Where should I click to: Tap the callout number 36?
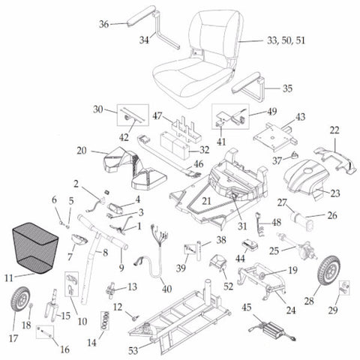pos(104,24)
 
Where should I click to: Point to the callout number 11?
pos(9,277)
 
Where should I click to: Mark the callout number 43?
pos(299,118)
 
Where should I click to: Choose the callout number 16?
pos(64,328)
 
